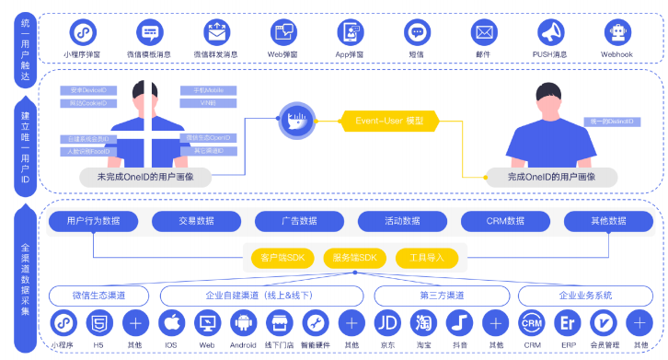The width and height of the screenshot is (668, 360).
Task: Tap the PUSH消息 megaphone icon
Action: point(549,32)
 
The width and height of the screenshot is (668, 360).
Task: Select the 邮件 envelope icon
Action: point(484,32)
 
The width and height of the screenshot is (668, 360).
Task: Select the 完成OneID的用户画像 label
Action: point(552,175)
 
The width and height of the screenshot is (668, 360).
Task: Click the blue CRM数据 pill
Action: point(506,221)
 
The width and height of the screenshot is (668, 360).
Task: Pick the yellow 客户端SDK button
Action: point(282,259)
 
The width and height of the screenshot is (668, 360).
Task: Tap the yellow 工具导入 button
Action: point(424,259)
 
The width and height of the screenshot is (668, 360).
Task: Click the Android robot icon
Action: point(243,324)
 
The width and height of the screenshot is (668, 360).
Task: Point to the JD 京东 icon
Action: point(387,324)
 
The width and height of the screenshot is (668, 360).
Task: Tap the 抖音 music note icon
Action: point(459,324)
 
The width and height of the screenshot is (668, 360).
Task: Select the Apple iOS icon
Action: point(170,324)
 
